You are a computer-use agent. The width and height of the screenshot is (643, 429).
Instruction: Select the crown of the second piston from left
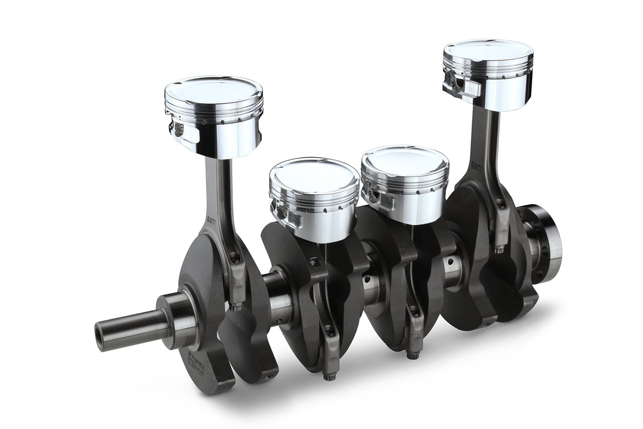pyautogui.click(x=314, y=173)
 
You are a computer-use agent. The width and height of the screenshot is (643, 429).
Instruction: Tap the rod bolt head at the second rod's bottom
pyautogui.click(x=327, y=375)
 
